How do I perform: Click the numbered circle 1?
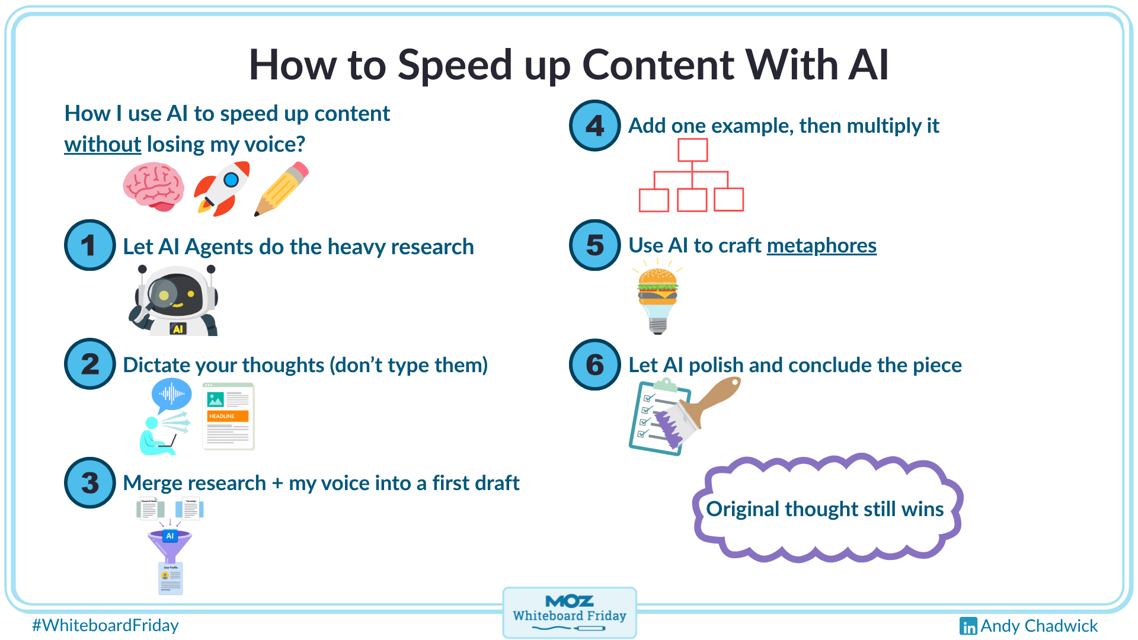[89, 245]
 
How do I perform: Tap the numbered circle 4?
[594, 126]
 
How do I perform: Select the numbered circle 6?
[594, 364]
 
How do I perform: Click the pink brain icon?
[154, 187]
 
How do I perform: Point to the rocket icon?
[222, 188]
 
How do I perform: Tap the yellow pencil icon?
[282, 189]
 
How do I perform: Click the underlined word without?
[103, 145]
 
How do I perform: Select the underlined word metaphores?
[821, 245]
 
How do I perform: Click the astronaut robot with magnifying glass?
[175, 301]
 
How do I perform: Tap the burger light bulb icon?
[657, 300]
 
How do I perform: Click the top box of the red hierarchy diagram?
[692, 150]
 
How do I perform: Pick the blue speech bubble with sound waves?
[171, 394]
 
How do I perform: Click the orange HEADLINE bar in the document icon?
[228, 416]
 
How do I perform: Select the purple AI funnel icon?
[170, 544]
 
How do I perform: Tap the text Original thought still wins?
[824, 509]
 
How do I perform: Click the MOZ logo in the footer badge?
[569, 601]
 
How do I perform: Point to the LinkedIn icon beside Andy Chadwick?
[968, 626]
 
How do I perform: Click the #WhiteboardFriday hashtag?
[106, 626]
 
